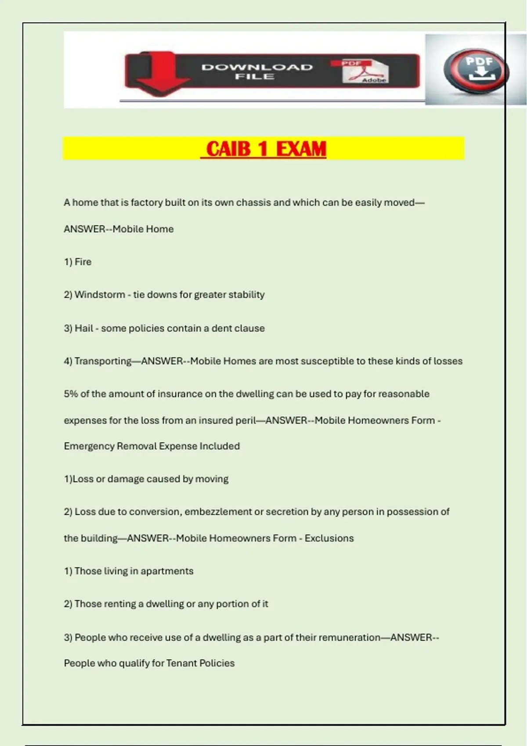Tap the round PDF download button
(x=477, y=71)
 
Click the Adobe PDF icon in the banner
(x=365, y=71)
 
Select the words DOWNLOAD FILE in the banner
(x=257, y=72)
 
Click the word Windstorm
(x=100, y=294)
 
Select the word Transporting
(x=103, y=361)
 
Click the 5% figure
(x=71, y=394)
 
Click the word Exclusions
(x=329, y=538)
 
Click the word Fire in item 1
(x=83, y=262)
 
